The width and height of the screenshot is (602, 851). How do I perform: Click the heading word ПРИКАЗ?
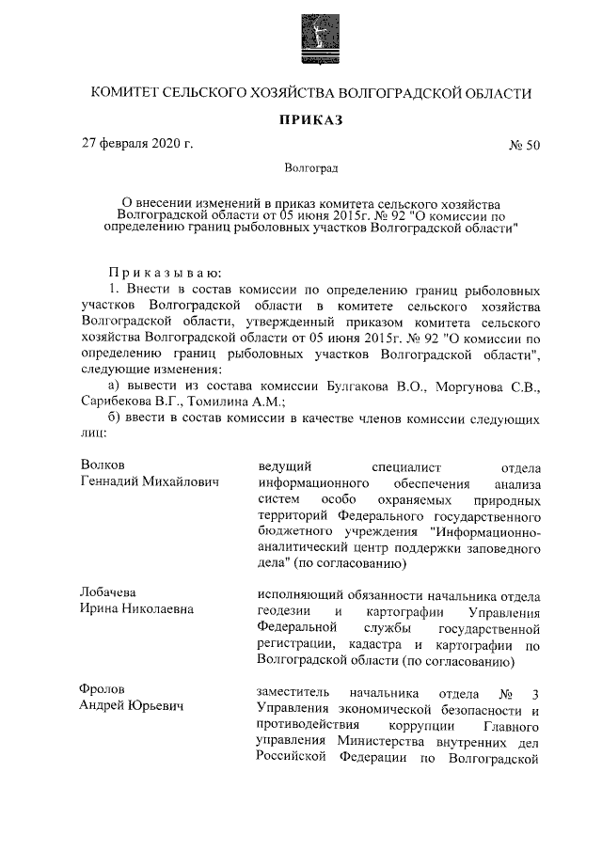click(x=311, y=119)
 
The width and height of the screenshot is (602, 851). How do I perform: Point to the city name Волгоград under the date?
click(x=311, y=169)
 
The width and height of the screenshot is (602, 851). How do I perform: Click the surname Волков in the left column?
click(x=104, y=465)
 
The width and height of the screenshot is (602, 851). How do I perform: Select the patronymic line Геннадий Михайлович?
click(x=150, y=481)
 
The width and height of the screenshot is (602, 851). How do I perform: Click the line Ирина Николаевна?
click(x=138, y=608)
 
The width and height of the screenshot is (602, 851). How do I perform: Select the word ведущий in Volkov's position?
click(x=284, y=465)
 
